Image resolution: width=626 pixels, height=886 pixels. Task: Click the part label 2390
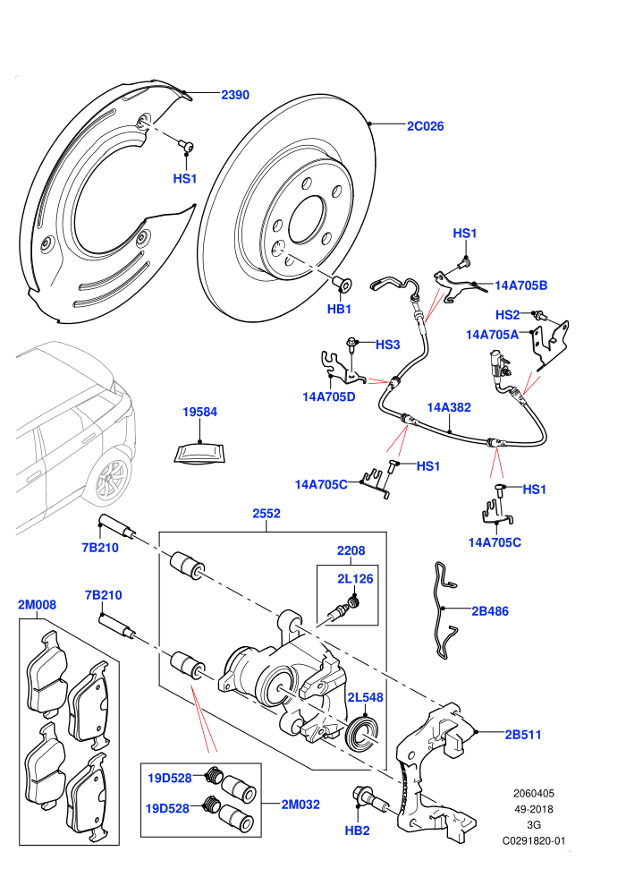click(235, 95)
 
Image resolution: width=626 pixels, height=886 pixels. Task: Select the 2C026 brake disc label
click(425, 126)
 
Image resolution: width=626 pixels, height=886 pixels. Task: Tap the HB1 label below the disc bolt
click(339, 309)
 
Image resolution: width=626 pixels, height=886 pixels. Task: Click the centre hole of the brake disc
click(307, 220)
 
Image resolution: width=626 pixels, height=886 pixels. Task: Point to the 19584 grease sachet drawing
click(199, 454)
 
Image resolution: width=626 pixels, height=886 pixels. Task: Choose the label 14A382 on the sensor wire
click(449, 407)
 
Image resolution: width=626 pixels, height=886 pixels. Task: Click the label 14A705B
click(521, 285)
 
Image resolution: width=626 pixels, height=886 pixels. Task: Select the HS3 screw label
click(388, 345)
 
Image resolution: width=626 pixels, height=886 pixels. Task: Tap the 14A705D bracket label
click(329, 396)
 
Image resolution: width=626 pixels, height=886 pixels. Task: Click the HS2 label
click(507, 315)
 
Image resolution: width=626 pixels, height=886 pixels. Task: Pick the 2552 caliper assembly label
click(266, 514)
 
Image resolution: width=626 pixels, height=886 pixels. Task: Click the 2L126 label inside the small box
click(355, 579)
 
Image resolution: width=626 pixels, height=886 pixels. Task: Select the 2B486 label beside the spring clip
click(490, 611)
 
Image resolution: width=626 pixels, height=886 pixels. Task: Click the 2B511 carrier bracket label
click(522, 735)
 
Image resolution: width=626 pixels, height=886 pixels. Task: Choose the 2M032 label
click(300, 804)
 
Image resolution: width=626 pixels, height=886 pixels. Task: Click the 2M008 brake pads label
click(38, 605)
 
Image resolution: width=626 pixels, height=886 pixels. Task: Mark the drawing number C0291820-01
click(533, 840)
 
